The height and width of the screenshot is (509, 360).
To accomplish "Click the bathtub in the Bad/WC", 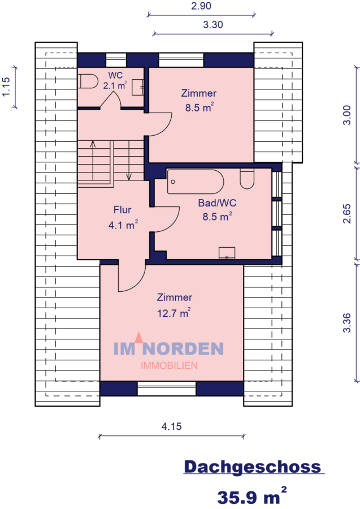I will coord(196,182).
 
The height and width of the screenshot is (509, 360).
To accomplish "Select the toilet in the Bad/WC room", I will coord(247,179).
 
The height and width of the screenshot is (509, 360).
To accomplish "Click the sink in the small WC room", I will coord(138,87).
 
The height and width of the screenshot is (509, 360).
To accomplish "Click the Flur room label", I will coord(123,210).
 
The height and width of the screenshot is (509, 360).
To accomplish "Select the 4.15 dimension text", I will coord(171,427).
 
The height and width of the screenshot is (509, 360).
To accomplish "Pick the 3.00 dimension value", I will coord(349,115).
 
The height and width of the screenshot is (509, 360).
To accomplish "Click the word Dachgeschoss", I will coord(252,467).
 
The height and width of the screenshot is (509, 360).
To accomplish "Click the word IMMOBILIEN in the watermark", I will coord(169,365).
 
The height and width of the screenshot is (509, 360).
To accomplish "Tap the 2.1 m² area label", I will coord(115,85).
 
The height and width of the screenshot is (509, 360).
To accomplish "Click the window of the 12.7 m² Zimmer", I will coord(167,388).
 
